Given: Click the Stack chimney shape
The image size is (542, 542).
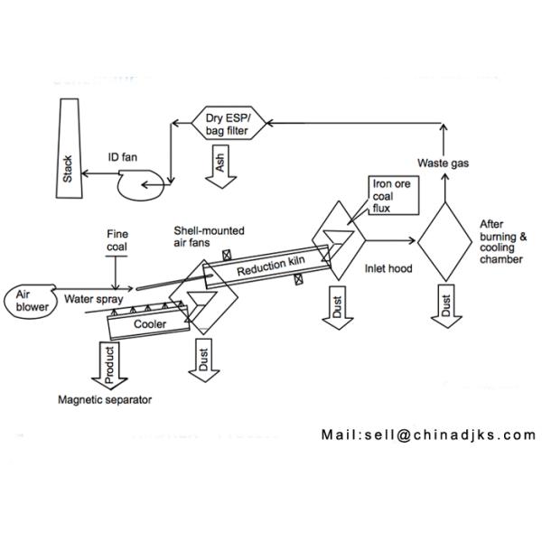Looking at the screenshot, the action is tap(70, 149).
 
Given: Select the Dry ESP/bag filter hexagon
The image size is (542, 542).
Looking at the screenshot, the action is tap(229, 123).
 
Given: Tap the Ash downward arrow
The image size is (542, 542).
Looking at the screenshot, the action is tap(221, 166).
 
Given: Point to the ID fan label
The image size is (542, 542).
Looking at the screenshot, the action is tap(123, 157).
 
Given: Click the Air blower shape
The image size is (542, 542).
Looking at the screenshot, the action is tap(31, 301).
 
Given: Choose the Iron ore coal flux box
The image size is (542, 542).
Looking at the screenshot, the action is tap(394, 196).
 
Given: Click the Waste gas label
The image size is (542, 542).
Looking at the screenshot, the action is tap(444, 164).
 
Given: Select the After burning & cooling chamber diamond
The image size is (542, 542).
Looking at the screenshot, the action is tap(444, 241).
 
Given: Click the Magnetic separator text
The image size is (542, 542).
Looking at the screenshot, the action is tap(105, 400).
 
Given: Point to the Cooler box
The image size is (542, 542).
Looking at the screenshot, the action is tap(149, 322).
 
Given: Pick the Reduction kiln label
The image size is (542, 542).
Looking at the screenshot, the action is tap(271, 266).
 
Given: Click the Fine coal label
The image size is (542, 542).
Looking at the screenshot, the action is tap(117, 240).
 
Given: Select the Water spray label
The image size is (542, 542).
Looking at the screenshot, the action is tap(94, 299).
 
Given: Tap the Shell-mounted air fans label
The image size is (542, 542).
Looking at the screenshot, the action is tap(210, 237).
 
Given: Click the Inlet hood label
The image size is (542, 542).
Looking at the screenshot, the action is tap(388, 268).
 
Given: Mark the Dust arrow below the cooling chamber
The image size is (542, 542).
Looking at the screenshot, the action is tap(446, 306).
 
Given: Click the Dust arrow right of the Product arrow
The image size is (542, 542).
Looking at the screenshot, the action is tap(204, 360).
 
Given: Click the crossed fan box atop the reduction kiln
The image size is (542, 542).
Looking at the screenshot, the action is tap(227, 256).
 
